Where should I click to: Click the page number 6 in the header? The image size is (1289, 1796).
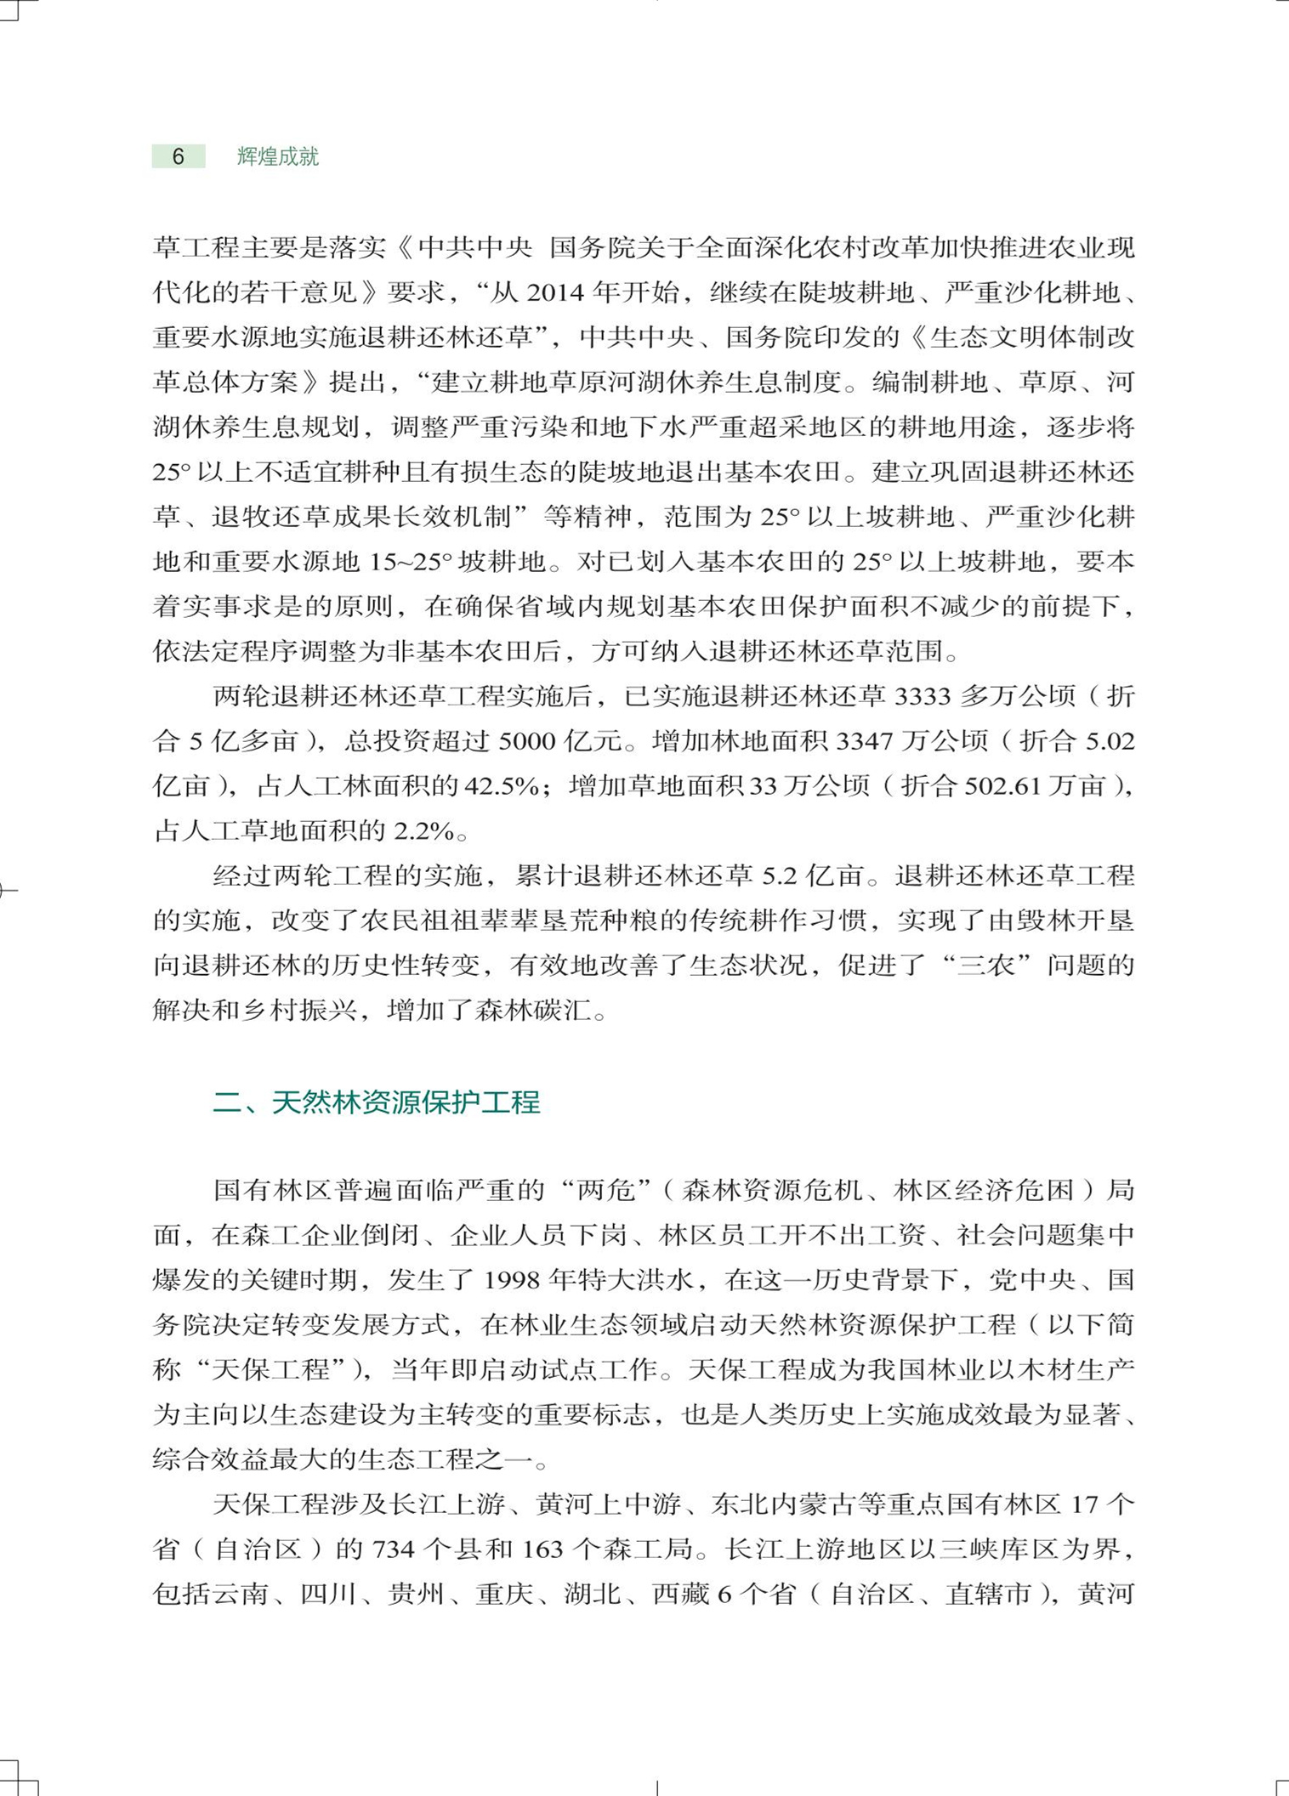pos(178,156)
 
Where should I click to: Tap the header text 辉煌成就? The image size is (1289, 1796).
pos(277,156)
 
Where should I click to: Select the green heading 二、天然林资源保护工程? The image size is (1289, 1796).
pos(376,1102)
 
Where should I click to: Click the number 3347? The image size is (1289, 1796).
pos(864,742)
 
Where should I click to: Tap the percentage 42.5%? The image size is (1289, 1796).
pos(502,786)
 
